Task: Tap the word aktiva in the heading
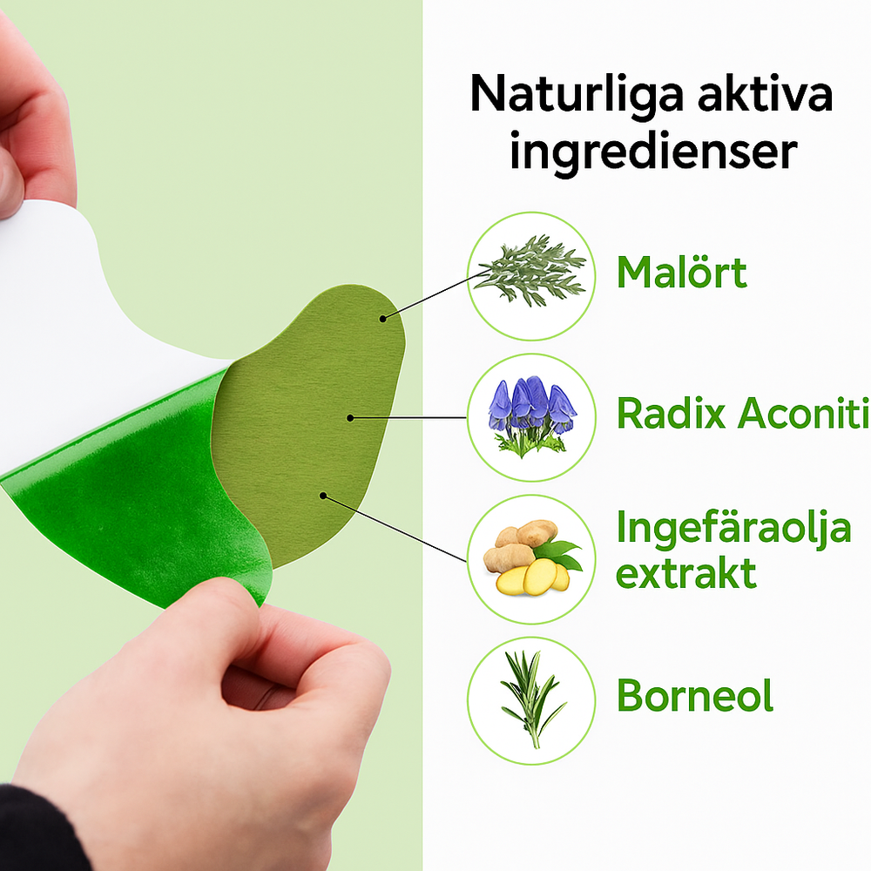[765, 93]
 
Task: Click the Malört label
[682, 272]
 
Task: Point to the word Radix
[672, 413]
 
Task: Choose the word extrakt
[686, 573]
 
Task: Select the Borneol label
[695, 695]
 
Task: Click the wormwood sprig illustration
[530, 270]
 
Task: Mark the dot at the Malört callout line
[382, 319]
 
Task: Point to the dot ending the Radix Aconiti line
[350, 418]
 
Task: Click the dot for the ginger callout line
[323, 495]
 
